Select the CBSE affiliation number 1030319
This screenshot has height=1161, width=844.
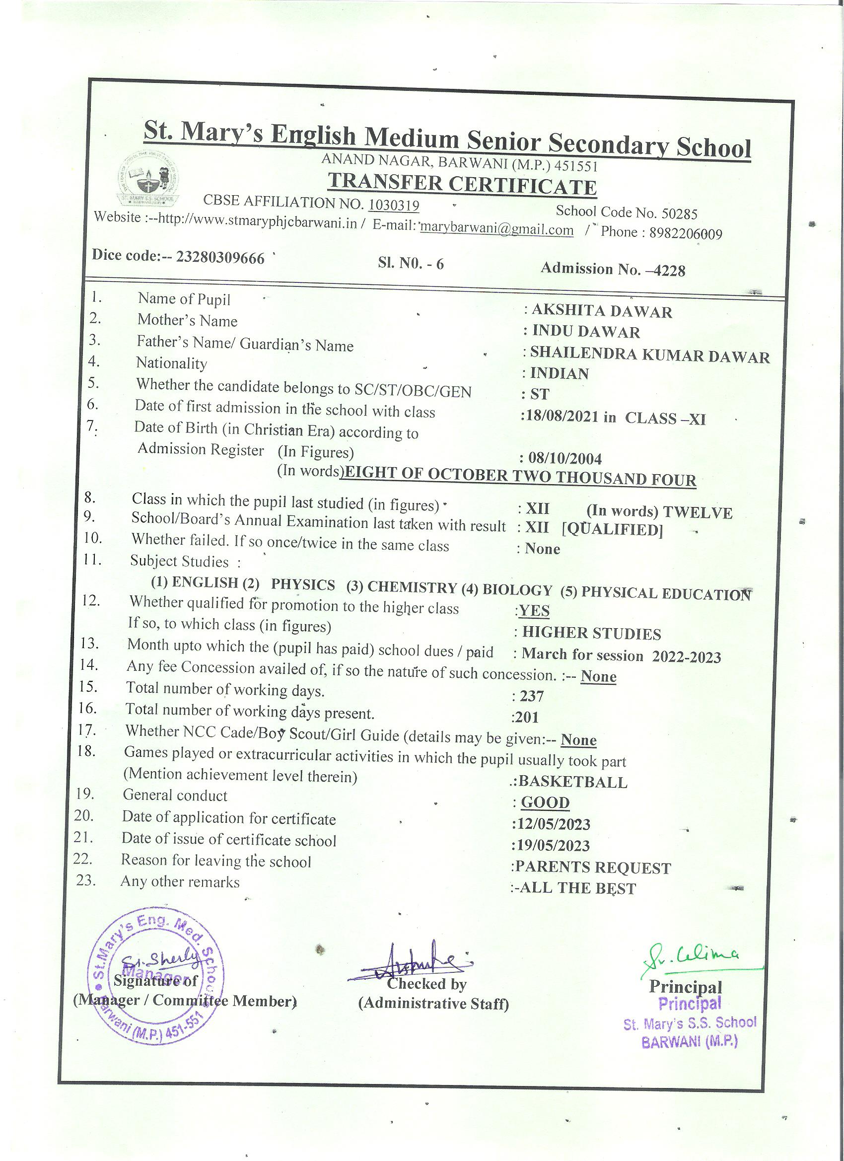pyautogui.click(x=394, y=205)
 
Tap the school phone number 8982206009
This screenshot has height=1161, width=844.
pyautogui.click(x=685, y=234)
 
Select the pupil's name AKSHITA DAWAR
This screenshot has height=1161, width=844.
pyautogui.click(x=601, y=311)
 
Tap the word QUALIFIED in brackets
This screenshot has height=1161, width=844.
pyautogui.click(x=612, y=529)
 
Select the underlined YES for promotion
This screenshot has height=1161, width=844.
pyautogui.click(x=534, y=611)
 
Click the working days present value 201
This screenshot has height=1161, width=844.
pyautogui.click(x=527, y=717)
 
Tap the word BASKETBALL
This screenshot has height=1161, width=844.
pyautogui.click(x=573, y=782)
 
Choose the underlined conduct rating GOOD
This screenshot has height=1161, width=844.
pyautogui.click(x=545, y=802)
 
